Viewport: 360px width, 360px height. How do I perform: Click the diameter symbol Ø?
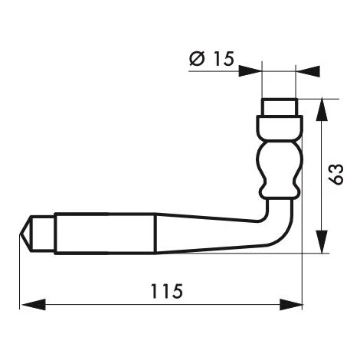(195, 57)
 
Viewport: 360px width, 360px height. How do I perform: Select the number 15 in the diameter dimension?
(220, 57)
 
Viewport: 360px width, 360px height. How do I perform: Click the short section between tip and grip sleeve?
(44, 231)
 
